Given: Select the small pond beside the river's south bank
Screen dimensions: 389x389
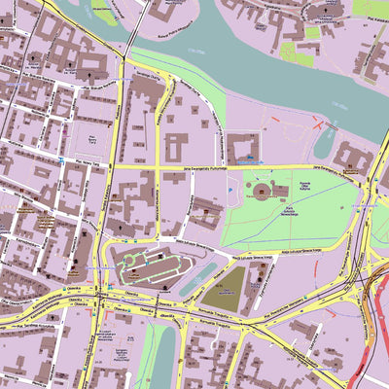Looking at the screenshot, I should pyautogui.click(x=325, y=142).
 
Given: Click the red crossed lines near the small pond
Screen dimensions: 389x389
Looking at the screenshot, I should pyautogui.click(x=322, y=124).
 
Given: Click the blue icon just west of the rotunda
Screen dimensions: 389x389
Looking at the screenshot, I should pyautogui.click(x=231, y=191).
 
